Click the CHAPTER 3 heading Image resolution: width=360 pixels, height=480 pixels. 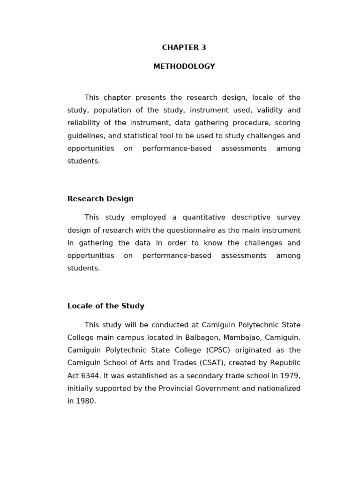click(x=184, y=48)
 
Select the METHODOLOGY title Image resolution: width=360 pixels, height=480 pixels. click(x=184, y=67)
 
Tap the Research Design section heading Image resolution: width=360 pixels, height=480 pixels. click(x=100, y=199)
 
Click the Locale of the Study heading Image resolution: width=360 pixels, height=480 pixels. click(x=106, y=306)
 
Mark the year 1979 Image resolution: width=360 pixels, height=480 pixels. click(x=290, y=375)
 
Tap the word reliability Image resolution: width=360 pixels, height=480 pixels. click(x=82, y=123)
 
